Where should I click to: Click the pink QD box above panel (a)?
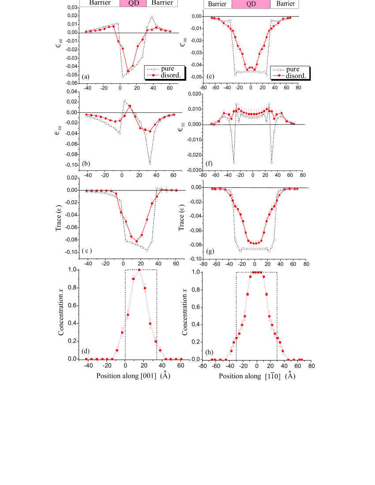133,3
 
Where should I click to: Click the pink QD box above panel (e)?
251,4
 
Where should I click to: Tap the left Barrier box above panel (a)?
100,3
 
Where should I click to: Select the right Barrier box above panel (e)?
284,4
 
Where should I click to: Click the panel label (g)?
211,251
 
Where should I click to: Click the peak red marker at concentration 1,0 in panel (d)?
139,270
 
